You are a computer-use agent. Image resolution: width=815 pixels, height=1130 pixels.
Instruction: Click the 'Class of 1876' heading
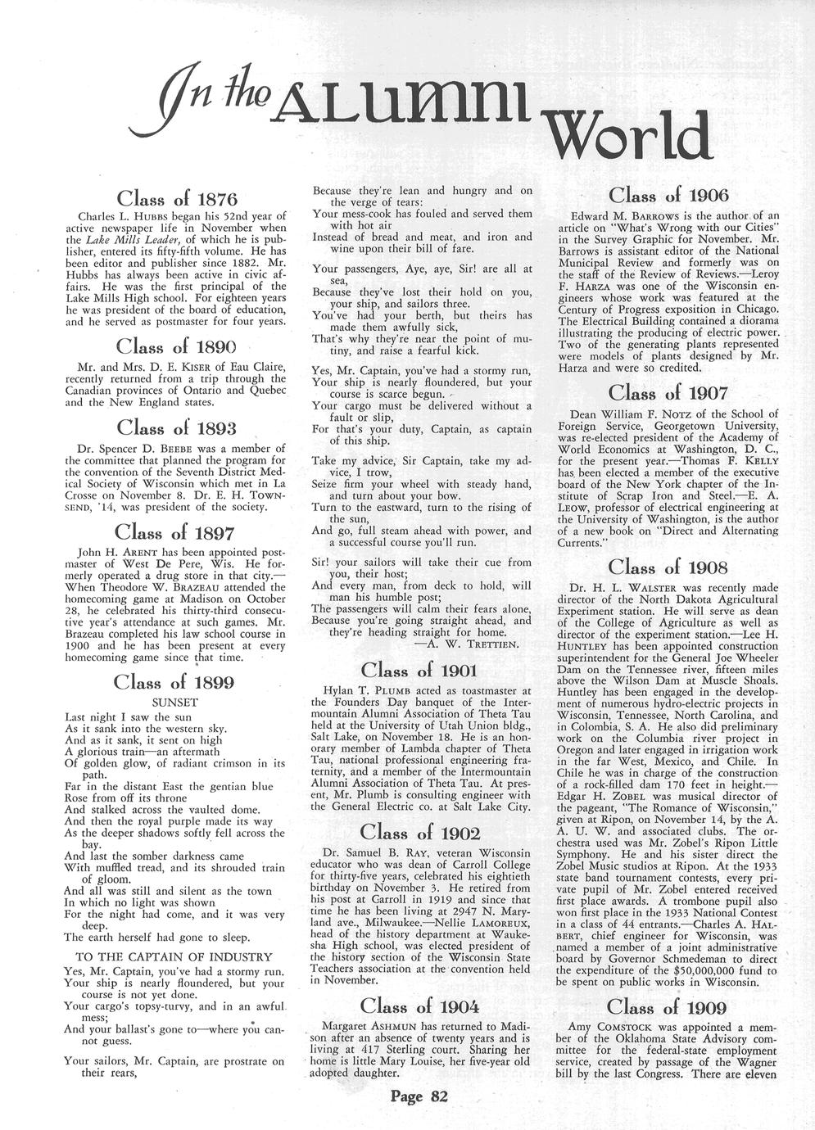(177, 198)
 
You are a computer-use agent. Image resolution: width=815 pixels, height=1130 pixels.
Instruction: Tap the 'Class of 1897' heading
(175, 533)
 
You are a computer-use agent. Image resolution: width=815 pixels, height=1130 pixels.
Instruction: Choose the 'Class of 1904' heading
(419, 1006)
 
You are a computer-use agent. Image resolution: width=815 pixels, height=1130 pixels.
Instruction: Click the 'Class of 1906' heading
(668, 195)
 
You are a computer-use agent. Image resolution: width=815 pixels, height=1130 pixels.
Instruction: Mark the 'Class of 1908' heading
(668, 567)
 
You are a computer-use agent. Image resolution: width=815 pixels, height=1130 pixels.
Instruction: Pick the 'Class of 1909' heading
(668, 1006)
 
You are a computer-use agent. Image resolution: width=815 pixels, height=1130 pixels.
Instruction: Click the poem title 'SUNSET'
(175, 703)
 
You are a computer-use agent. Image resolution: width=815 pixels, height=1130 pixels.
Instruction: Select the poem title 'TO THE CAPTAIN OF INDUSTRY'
(174, 956)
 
